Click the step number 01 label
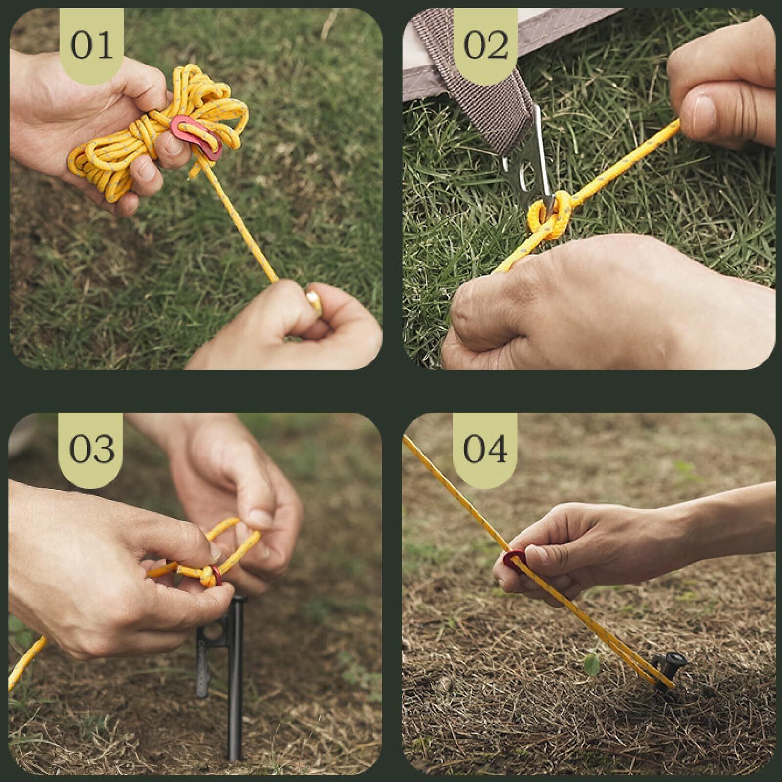click(91, 45)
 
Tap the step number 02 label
click(485, 45)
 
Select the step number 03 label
click(91, 449)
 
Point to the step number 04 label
click(485, 449)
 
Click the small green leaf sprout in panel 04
click(592, 664)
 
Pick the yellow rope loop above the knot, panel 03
click(230, 543)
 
